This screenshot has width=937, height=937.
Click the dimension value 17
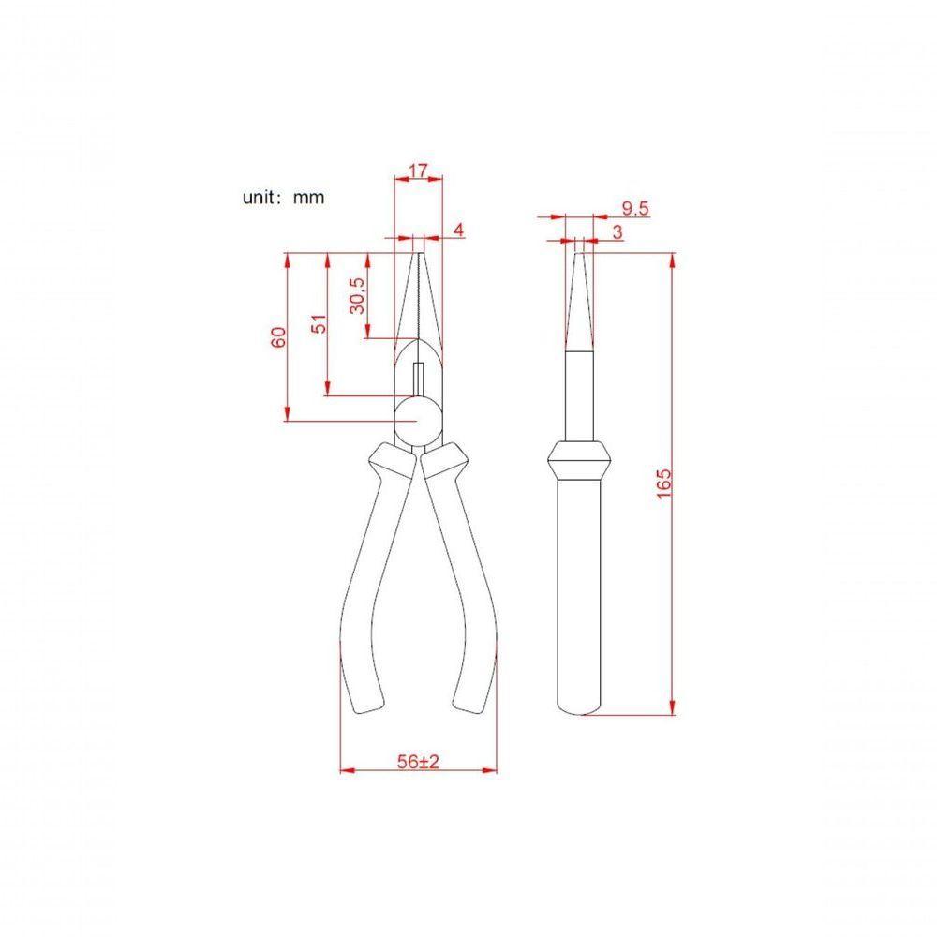coord(419,171)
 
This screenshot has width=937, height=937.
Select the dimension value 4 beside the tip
coord(458,229)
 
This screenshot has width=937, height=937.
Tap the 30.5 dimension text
coord(357,296)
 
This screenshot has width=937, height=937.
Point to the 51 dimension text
coord(319,324)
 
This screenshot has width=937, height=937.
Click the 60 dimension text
coord(278,337)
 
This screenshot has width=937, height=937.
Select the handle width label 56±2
coord(418,763)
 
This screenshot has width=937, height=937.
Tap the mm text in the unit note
coord(308,199)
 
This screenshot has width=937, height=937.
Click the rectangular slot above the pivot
coord(419,379)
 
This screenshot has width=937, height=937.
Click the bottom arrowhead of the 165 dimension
coord(673,707)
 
